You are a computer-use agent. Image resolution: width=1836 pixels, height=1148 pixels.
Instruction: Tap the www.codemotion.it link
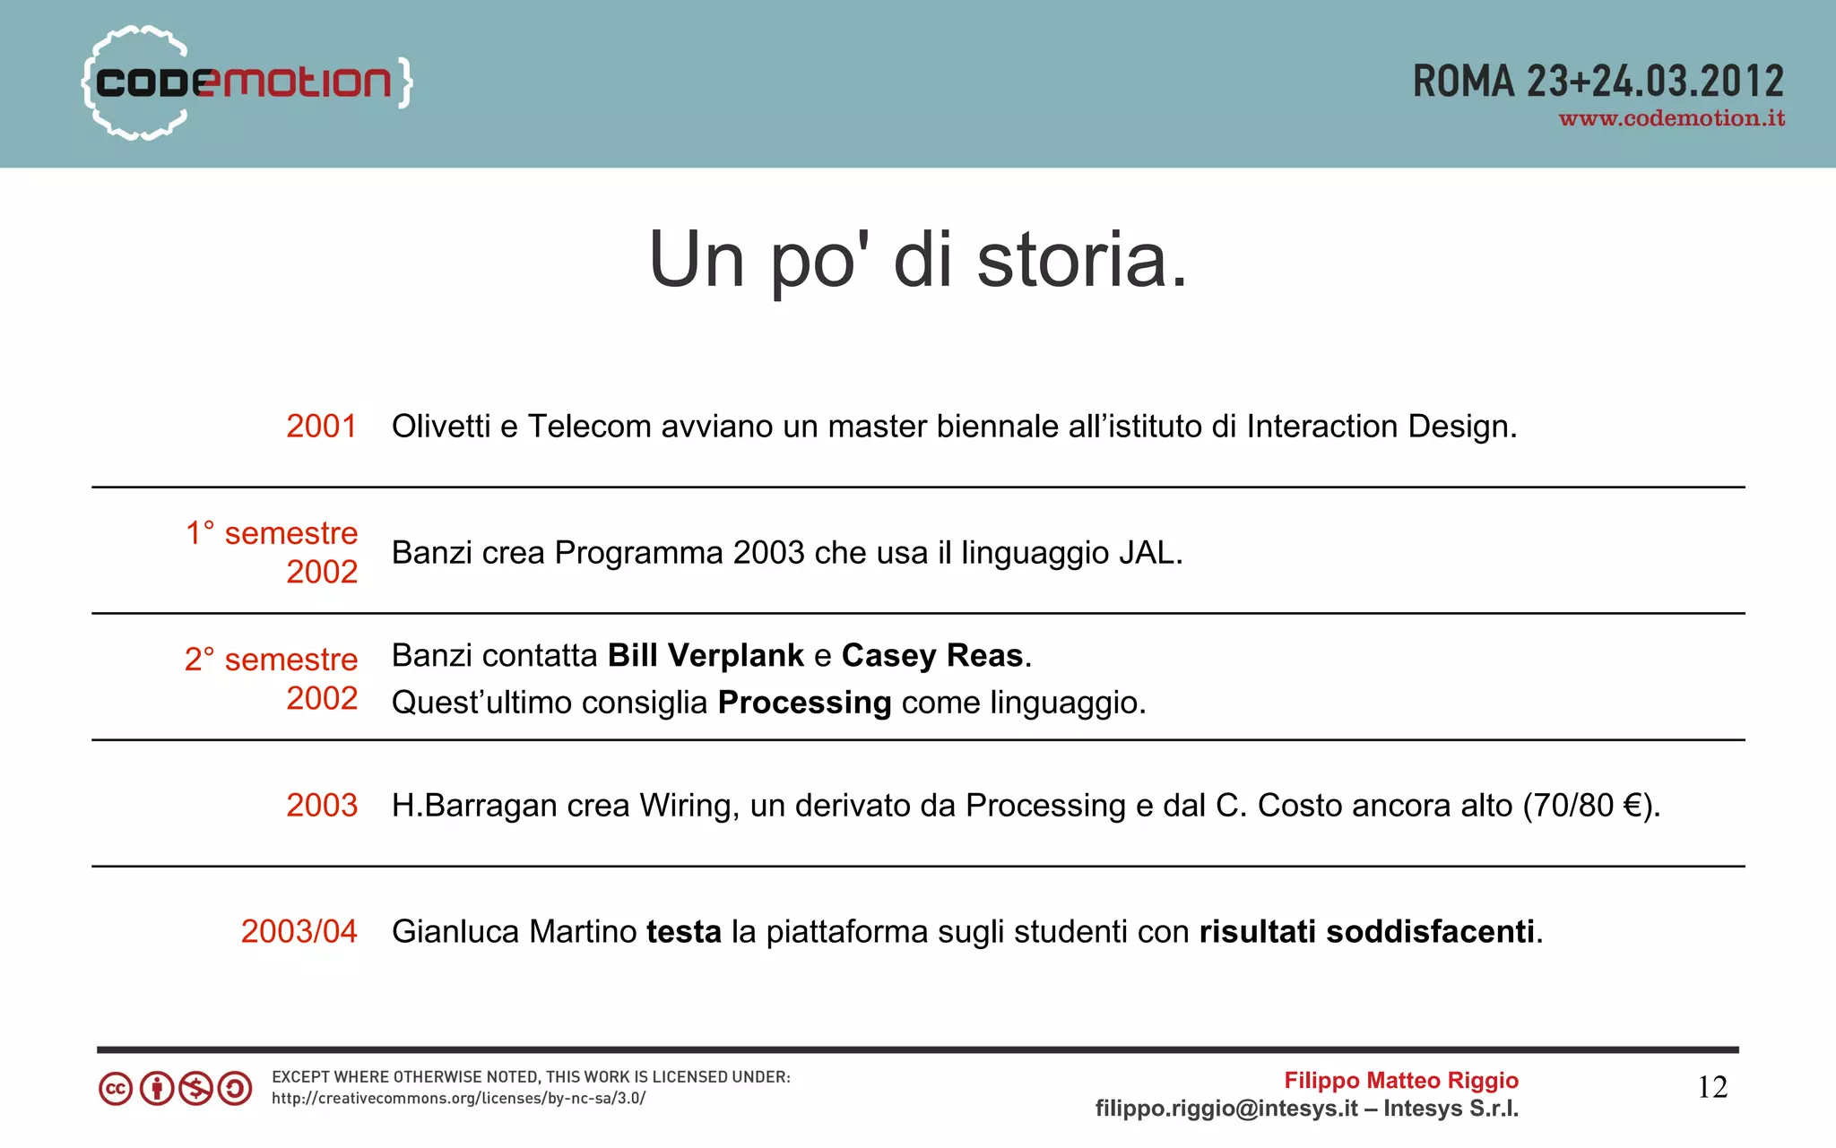click(x=1671, y=118)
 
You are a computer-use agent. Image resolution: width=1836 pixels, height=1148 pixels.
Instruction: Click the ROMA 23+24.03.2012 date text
click(x=1598, y=82)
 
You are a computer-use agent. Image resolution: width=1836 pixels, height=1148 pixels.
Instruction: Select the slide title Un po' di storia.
click(x=918, y=260)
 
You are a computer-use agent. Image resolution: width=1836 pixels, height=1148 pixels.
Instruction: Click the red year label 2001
click(x=321, y=426)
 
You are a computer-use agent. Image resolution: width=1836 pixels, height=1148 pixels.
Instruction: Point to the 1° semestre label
click(x=272, y=533)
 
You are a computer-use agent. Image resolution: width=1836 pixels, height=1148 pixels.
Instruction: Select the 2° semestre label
click(x=272, y=660)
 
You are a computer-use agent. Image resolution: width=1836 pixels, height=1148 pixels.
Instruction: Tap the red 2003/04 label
click(x=299, y=932)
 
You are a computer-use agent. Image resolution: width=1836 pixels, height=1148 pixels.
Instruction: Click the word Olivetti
click(x=441, y=426)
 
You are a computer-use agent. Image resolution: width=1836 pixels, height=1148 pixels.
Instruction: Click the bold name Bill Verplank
click(x=706, y=656)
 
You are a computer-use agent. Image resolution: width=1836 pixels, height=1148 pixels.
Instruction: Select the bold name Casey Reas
click(x=932, y=656)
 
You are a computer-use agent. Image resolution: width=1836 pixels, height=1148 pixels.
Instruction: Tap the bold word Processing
click(x=804, y=703)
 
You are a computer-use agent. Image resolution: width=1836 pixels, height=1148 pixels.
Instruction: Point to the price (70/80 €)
click(x=1591, y=806)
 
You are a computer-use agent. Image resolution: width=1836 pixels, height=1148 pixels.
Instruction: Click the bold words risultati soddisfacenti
click(x=1367, y=932)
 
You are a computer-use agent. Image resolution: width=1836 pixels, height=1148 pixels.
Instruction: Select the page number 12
click(x=1712, y=1087)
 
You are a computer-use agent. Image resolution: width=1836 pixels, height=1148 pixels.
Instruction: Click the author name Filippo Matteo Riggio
click(x=1401, y=1081)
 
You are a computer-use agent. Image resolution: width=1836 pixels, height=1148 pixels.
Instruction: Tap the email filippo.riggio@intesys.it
click(x=1226, y=1109)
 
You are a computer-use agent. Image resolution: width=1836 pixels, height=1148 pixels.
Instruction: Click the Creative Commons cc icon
click(x=116, y=1089)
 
